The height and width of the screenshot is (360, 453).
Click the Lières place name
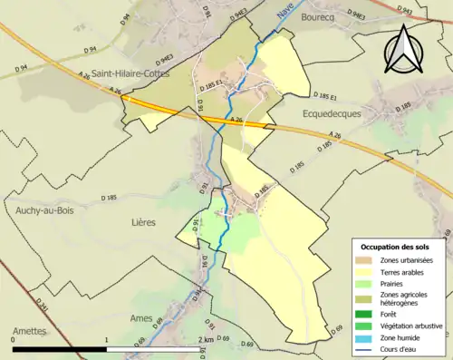coord(143,222)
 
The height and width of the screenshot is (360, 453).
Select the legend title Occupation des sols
coord(396,247)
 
